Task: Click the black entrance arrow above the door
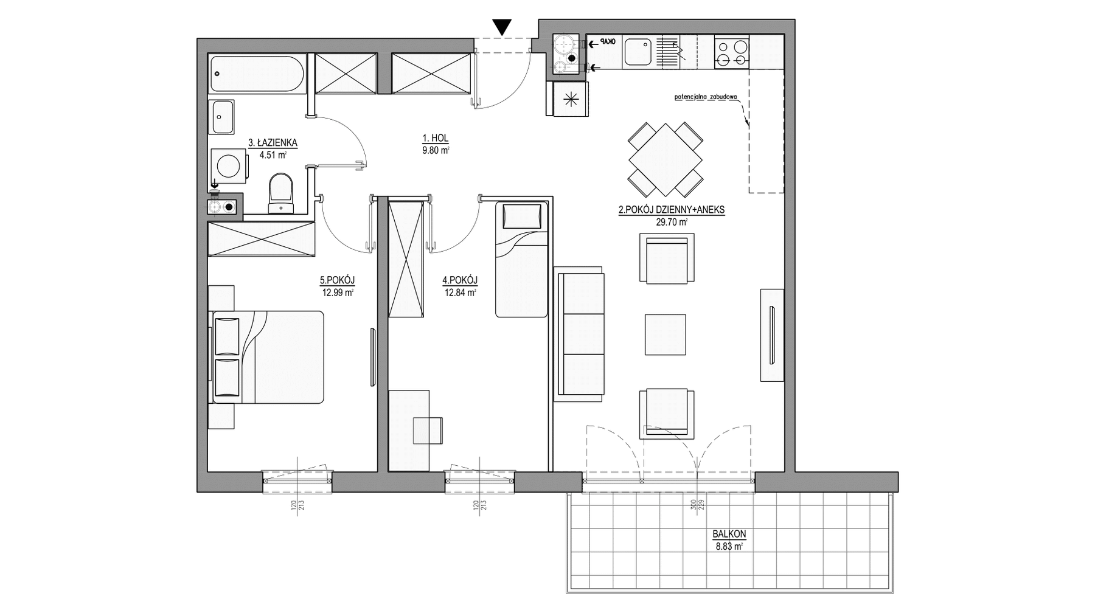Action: click(502, 27)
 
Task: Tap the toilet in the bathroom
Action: click(280, 193)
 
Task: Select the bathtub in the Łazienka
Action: click(257, 75)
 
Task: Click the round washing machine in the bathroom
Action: click(229, 165)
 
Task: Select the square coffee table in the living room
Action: click(665, 334)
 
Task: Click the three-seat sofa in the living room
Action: click(579, 333)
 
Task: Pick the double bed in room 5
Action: click(267, 357)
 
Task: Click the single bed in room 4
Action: click(522, 260)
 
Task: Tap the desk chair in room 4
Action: click(428, 431)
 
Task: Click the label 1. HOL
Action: click(434, 139)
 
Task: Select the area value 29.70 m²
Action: click(671, 223)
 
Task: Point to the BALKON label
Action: click(729, 535)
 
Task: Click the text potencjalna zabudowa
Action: click(706, 97)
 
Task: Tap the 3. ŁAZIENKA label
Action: click(273, 143)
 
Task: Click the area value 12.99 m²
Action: click(338, 292)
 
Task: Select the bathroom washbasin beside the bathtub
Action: click(223, 117)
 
